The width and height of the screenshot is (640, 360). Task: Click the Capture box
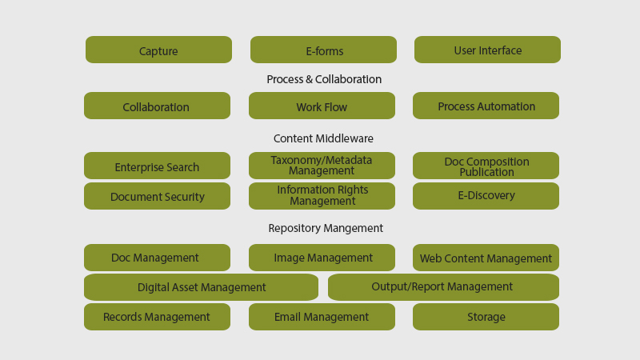click(x=158, y=50)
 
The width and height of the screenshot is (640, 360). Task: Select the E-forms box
click(x=323, y=50)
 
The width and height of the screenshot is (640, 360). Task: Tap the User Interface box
click(x=487, y=50)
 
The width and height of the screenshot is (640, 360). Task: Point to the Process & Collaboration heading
click(x=324, y=79)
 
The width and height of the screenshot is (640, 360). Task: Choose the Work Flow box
click(x=322, y=106)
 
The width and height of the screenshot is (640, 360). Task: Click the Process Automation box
click(x=486, y=106)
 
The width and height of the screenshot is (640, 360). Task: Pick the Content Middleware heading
click(x=323, y=138)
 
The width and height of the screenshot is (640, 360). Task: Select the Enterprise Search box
click(x=157, y=166)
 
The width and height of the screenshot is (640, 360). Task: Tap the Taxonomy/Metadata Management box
click(x=322, y=166)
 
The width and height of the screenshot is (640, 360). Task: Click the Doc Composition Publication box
click(x=486, y=166)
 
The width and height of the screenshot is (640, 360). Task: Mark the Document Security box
click(x=157, y=196)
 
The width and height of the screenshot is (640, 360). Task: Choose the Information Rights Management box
click(x=322, y=196)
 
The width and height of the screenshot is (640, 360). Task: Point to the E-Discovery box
click(x=486, y=196)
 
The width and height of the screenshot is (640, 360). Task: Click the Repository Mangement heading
click(x=326, y=228)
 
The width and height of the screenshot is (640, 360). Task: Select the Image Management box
click(x=322, y=258)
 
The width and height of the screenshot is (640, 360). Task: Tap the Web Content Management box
click(x=486, y=258)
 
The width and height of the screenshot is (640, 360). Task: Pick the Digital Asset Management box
click(x=202, y=287)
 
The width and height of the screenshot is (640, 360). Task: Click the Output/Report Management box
click(x=443, y=287)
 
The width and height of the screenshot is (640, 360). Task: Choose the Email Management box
click(x=322, y=317)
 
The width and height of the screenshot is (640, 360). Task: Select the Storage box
click(x=486, y=317)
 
